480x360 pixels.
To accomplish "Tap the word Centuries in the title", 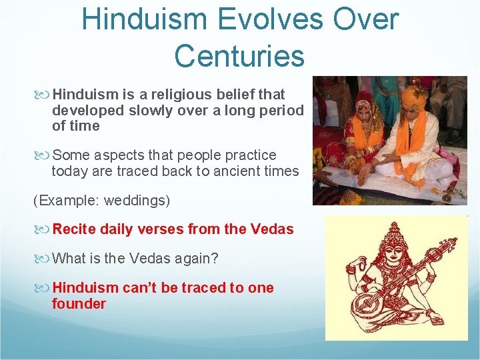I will tap(239, 56).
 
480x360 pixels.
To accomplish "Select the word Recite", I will tap(74, 229).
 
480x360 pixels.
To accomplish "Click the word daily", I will tap(117, 229).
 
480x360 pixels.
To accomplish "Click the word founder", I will tap(79, 304).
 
